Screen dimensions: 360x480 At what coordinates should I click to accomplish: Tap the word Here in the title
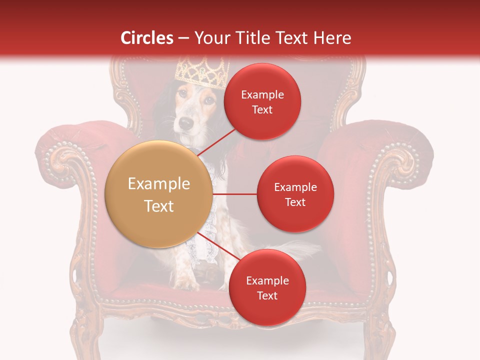[332, 38]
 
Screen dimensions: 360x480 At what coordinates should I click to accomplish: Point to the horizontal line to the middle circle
[235, 194]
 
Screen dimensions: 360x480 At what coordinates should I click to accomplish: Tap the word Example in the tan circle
[159, 184]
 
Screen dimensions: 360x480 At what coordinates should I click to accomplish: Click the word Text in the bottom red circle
[267, 295]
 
